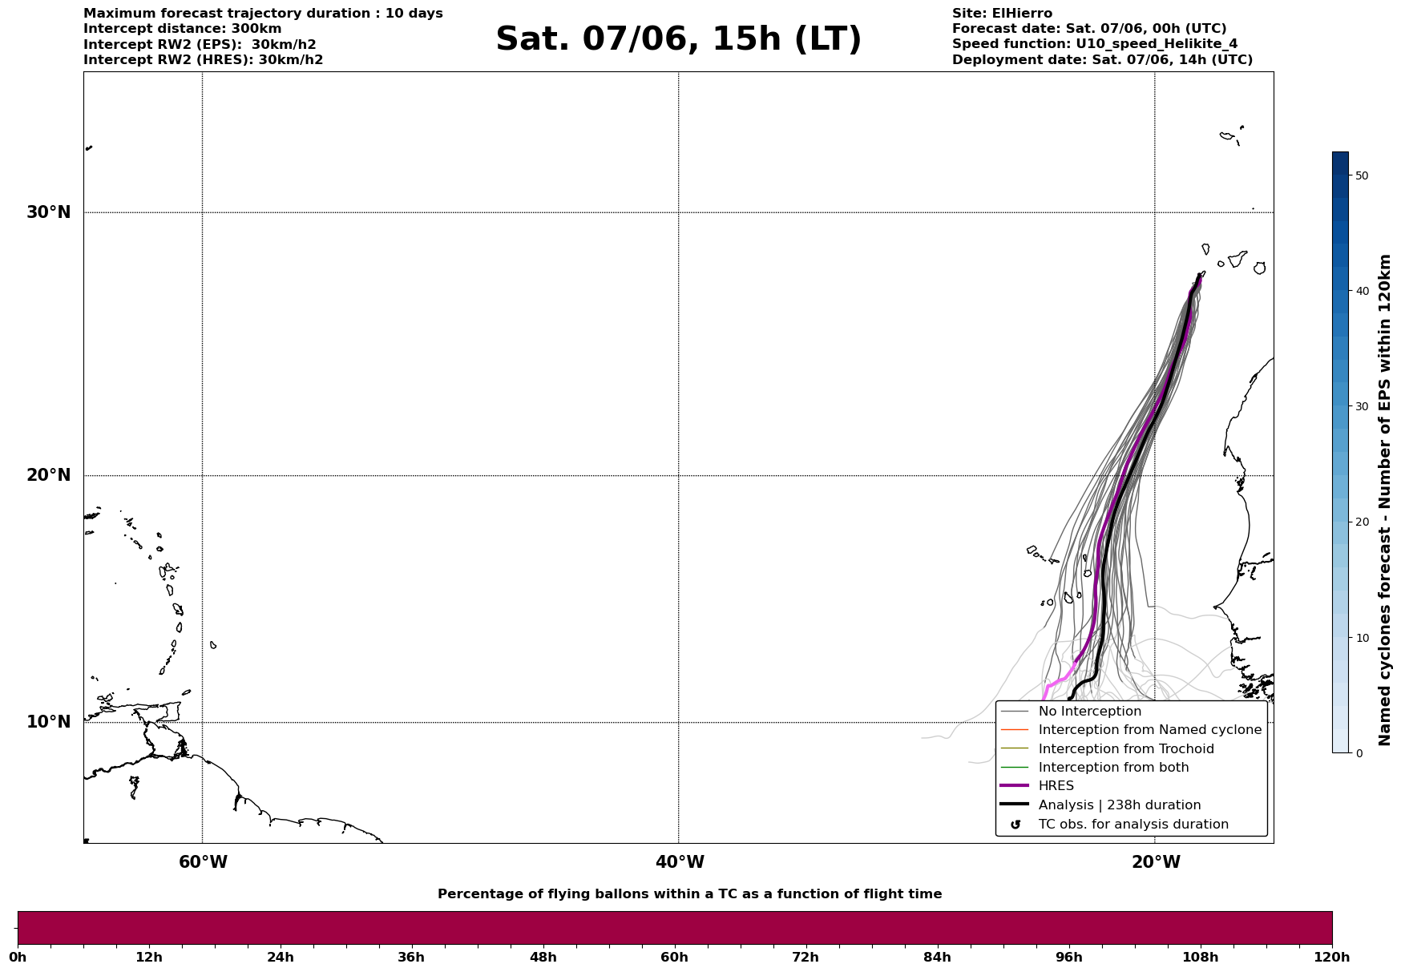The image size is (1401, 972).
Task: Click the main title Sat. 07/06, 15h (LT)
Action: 678,39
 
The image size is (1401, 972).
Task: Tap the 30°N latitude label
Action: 49,212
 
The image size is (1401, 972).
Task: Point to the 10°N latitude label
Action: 49,722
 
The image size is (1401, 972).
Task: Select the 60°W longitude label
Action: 203,862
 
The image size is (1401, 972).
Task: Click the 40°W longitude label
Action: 680,862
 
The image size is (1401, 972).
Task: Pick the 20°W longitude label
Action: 1156,862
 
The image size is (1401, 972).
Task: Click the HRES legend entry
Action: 1056,786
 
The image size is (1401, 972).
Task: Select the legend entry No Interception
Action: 1089,712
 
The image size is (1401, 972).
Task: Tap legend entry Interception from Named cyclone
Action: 1149,730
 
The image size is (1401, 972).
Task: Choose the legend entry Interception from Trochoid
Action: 1125,749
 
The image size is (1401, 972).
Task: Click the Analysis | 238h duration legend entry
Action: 1119,805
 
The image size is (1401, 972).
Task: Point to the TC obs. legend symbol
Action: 1015,825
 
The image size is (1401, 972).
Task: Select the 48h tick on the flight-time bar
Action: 543,957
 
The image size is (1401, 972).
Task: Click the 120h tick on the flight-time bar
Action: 1332,957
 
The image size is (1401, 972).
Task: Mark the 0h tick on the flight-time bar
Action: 18,957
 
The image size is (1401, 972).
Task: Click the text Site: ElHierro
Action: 1002,14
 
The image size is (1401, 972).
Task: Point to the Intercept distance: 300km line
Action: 183,29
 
